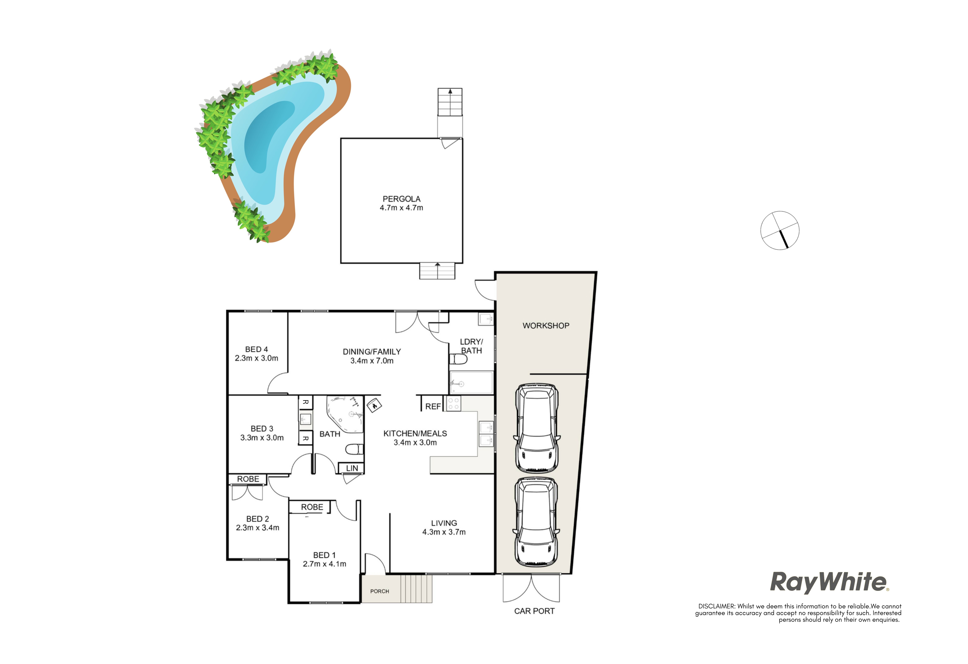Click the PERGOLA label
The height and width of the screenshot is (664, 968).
[x=402, y=199]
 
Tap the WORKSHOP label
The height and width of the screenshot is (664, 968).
[x=546, y=326]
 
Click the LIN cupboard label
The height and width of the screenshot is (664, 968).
[x=352, y=468]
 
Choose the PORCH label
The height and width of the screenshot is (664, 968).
[x=379, y=591]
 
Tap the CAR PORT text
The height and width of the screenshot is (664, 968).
[x=534, y=611]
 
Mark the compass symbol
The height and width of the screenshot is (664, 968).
[x=780, y=230]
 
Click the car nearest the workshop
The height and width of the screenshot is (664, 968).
[x=537, y=428]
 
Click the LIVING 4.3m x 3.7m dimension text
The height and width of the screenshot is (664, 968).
[x=444, y=532]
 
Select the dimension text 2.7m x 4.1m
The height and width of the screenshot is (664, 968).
[x=324, y=564]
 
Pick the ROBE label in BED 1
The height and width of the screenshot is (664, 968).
[x=312, y=507]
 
